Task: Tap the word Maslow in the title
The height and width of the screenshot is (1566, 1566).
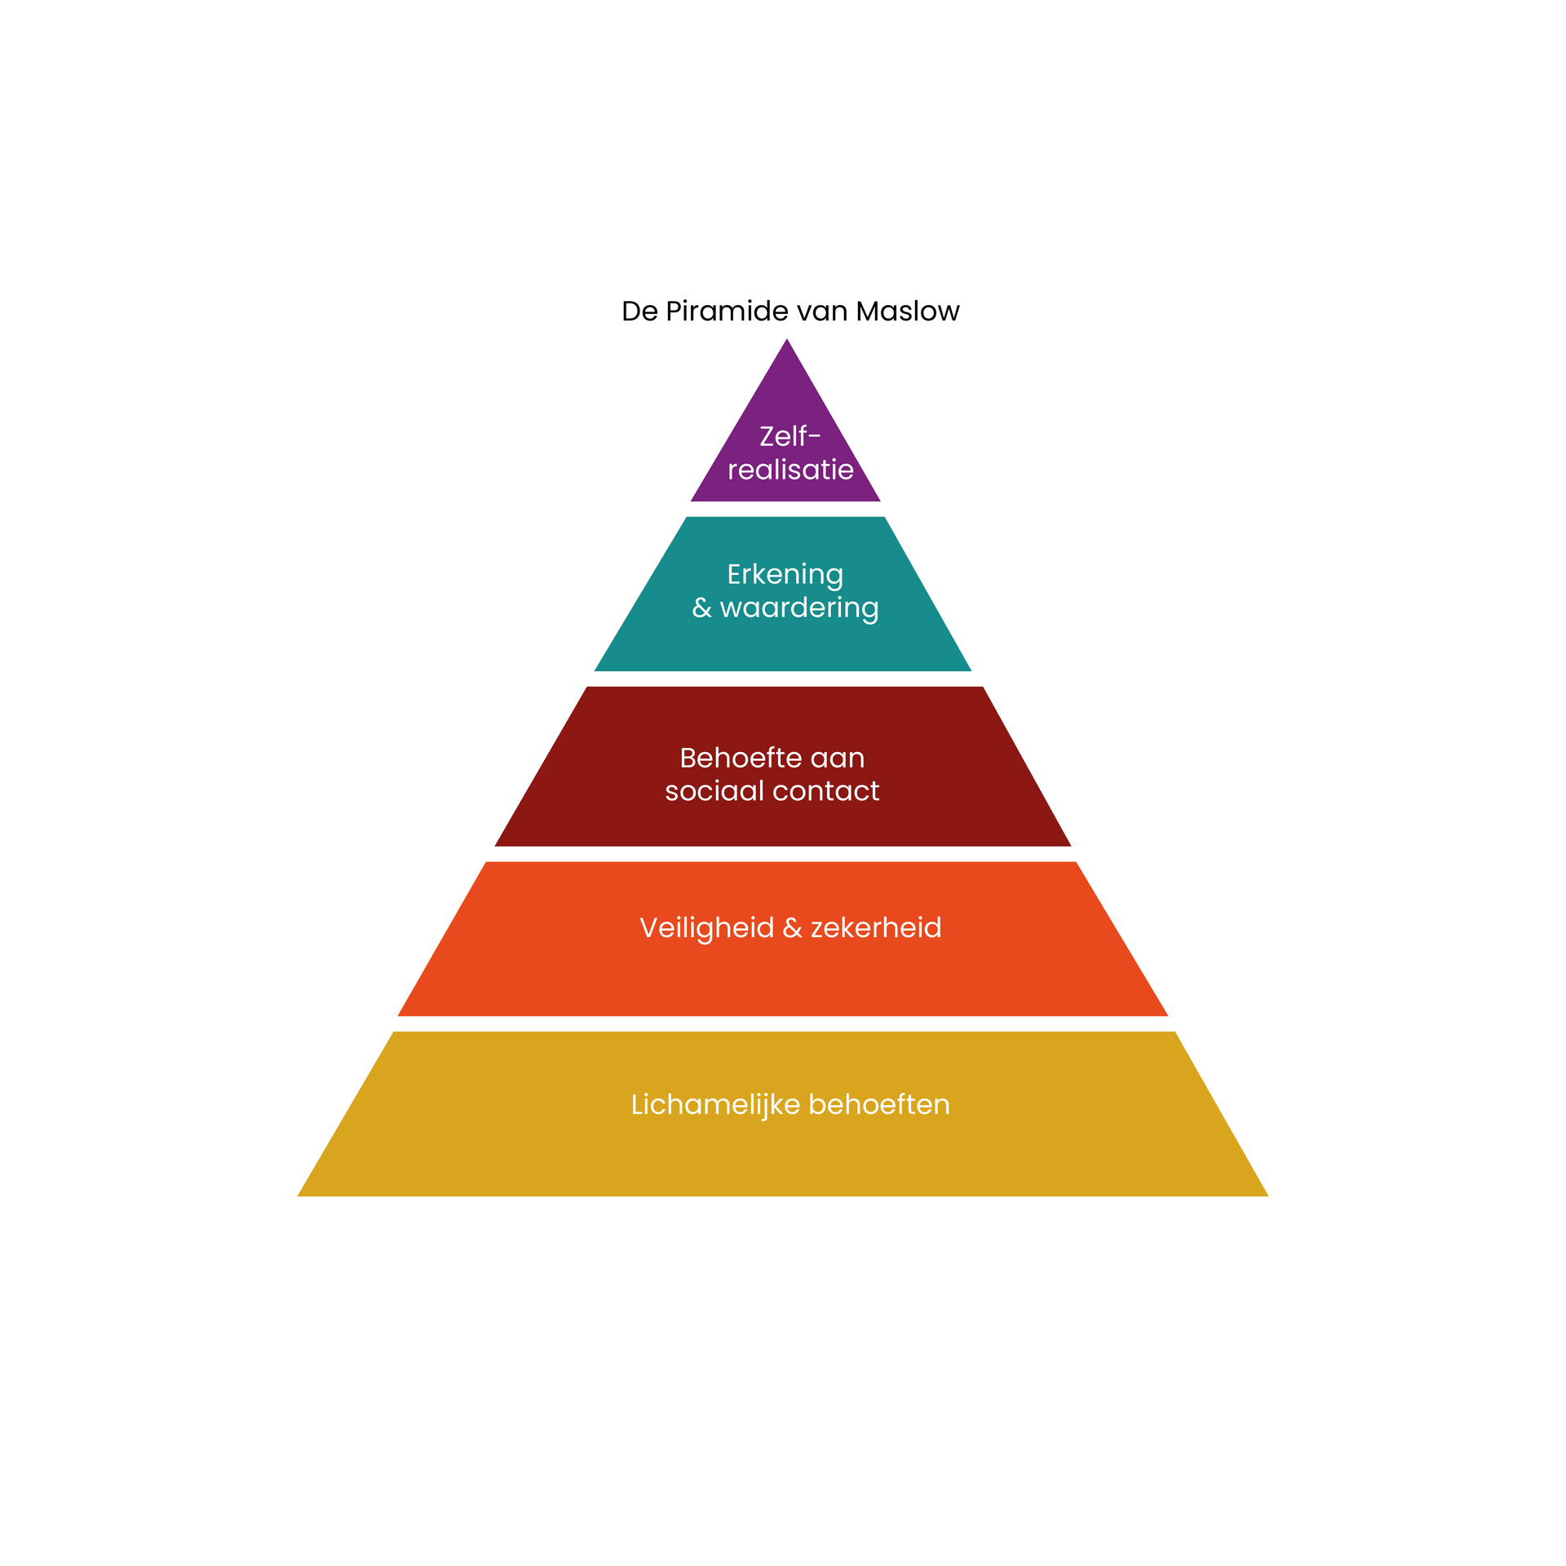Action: click(x=907, y=312)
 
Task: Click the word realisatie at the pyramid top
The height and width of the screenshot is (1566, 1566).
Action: click(x=790, y=470)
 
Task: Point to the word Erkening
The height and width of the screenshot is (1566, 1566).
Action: click(x=785, y=574)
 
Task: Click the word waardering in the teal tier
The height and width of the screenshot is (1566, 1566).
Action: click(x=799, y=608)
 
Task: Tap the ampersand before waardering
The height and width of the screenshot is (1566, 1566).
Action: click(x=701, y=608)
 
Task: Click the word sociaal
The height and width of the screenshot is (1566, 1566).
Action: click(x=714, y=790)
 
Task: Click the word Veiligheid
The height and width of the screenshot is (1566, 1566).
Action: click(x=706, y=927)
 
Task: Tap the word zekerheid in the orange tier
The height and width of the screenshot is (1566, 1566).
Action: click(x=876, y=927)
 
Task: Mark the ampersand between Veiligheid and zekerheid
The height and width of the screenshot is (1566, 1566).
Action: click(x=792, y=927)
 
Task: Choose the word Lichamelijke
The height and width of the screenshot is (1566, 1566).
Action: click(x=715, y=1104)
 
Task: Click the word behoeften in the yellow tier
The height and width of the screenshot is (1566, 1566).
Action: click(x=879, y=1104)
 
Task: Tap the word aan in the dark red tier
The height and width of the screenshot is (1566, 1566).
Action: click(x=838, y=758)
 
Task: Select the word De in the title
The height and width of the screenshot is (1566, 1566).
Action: click(x=639, y=312)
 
